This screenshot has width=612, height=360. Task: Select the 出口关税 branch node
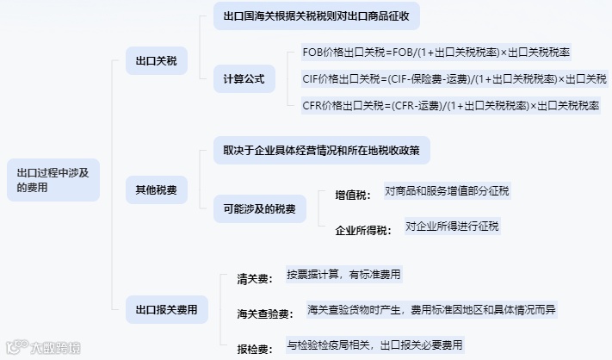156,60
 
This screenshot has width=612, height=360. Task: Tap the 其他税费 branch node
156,189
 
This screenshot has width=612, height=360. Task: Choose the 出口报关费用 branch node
167,309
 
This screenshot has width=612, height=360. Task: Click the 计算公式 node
244,79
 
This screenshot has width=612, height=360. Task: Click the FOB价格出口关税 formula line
450,52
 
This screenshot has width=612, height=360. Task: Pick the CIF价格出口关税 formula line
454,79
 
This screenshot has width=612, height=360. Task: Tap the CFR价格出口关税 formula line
450,106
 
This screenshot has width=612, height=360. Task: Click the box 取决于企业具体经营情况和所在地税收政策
321,150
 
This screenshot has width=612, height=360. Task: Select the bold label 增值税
353,196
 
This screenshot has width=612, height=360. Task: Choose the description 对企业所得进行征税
452,227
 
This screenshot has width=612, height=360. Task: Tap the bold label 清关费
255,279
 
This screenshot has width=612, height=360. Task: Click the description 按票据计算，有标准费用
343,275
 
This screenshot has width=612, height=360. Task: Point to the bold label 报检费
255,349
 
